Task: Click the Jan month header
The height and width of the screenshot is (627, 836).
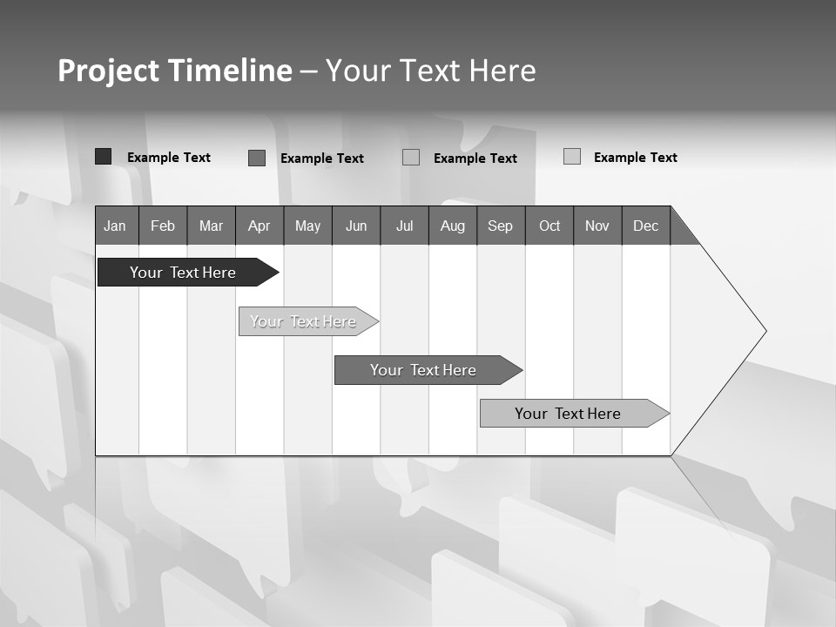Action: pos(116,226)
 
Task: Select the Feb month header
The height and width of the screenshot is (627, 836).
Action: pos(163,226)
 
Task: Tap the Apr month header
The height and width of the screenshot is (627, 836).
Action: pos(260,226)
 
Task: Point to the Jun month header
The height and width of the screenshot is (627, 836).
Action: pos(356,226)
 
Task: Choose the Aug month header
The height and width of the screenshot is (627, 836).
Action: pos(453,226)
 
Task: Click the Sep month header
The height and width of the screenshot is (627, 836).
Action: pos(501,226)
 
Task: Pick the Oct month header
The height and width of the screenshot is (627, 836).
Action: pos(549,226)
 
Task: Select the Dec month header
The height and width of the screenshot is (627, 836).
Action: pos(646,226)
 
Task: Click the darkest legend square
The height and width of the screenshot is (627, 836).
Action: pos(103,157)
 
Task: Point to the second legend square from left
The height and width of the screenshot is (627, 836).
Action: pos(257,158)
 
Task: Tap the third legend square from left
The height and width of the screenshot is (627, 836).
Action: pos(411,157)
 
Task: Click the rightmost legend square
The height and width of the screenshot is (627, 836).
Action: pos(572,157)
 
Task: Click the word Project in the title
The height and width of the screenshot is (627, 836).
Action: pos(109,71)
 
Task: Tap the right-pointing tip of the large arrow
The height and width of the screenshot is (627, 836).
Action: pos(763,331)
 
